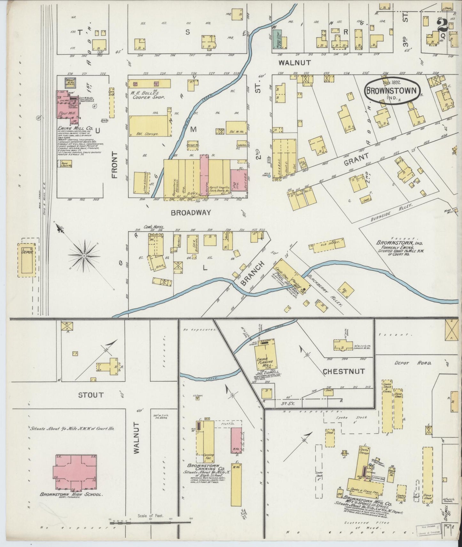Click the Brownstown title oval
tap(392, 91)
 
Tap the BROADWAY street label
tap(191, 213)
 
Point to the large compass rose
tap(84, 256)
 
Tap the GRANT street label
tap(356, 159)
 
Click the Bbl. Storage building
tap(148, 127)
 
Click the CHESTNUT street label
tap(343, 371)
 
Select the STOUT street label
tap(91, 395)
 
